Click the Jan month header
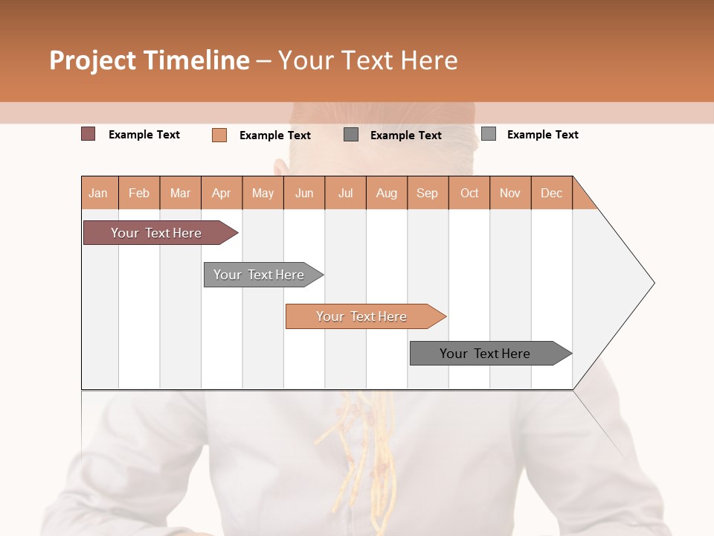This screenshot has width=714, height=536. [99, 194]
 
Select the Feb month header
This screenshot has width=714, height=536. [139, 194]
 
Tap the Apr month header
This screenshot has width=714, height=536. [222, 194]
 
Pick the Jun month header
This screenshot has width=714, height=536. [304, 194]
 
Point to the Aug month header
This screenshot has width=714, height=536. [387, 194]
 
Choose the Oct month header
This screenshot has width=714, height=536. [469, 194]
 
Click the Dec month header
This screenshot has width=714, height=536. [552, 194]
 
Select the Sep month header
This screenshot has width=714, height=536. [428, 194]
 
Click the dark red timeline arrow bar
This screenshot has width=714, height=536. [156, 233]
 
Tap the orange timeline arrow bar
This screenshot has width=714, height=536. [362, 316]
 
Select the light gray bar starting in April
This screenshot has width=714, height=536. [260, 275]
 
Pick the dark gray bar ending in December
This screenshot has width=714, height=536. [486, 354]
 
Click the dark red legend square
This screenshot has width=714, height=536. [89, 134]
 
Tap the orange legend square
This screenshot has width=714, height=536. [219, 135]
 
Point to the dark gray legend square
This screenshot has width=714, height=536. [351, 135]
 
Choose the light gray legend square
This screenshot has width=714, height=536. [489, 134]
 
